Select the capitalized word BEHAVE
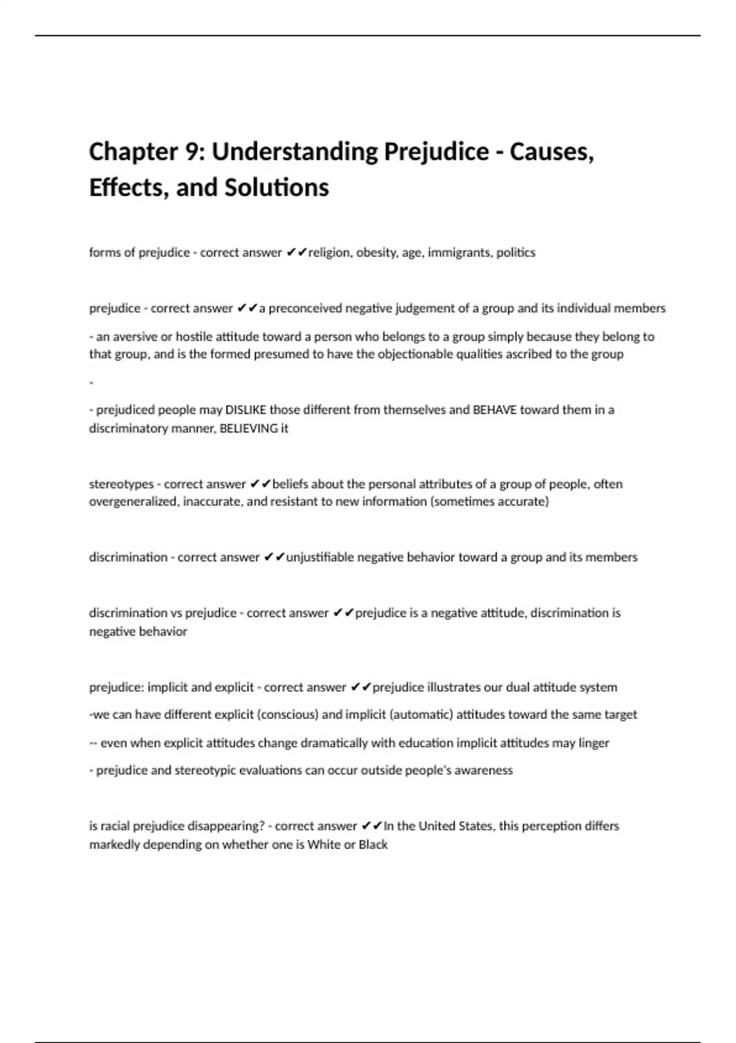(495, 410)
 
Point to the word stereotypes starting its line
(121, 484)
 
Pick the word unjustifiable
(320, 558)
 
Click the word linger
(594, 743)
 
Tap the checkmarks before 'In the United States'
(372, 826)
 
